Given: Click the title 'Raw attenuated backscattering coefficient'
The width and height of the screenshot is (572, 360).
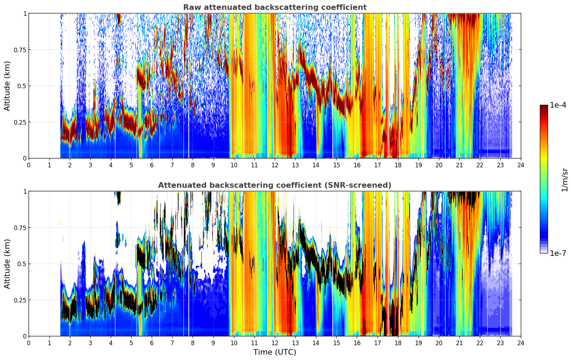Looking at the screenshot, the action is (x=275, y=7).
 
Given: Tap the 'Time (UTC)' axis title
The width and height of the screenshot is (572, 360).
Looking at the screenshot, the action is (x=275, y=352).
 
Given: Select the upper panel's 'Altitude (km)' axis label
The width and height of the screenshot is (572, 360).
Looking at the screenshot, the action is (x=7, y=86).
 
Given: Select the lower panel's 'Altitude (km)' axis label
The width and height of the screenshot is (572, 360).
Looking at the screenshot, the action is (x=7, y=264).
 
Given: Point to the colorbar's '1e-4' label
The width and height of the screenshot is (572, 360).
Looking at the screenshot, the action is (x=558, y=105).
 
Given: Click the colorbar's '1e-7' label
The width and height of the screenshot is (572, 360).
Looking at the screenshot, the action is (x=558, y=253).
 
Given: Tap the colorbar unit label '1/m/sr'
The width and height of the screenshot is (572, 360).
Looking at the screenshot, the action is (x=565, y=180).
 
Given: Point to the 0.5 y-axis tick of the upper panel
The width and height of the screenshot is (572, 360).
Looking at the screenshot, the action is (x=22, y=86).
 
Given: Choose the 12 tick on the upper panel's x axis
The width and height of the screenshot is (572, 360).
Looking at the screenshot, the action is (x=275, y=165).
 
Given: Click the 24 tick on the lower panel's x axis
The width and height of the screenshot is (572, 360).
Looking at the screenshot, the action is (x=521, y=343).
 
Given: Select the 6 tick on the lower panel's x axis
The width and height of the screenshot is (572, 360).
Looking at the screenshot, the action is (x=152, y=343).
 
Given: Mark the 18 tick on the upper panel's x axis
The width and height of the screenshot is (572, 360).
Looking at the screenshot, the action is (x=398, y=165).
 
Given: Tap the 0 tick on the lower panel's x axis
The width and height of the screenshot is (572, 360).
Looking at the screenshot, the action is (x=29, y=343).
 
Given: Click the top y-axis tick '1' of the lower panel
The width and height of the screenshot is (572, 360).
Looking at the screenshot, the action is (x=25, y=191).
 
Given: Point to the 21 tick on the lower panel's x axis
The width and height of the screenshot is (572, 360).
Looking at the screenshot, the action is (x=459, y=343).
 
